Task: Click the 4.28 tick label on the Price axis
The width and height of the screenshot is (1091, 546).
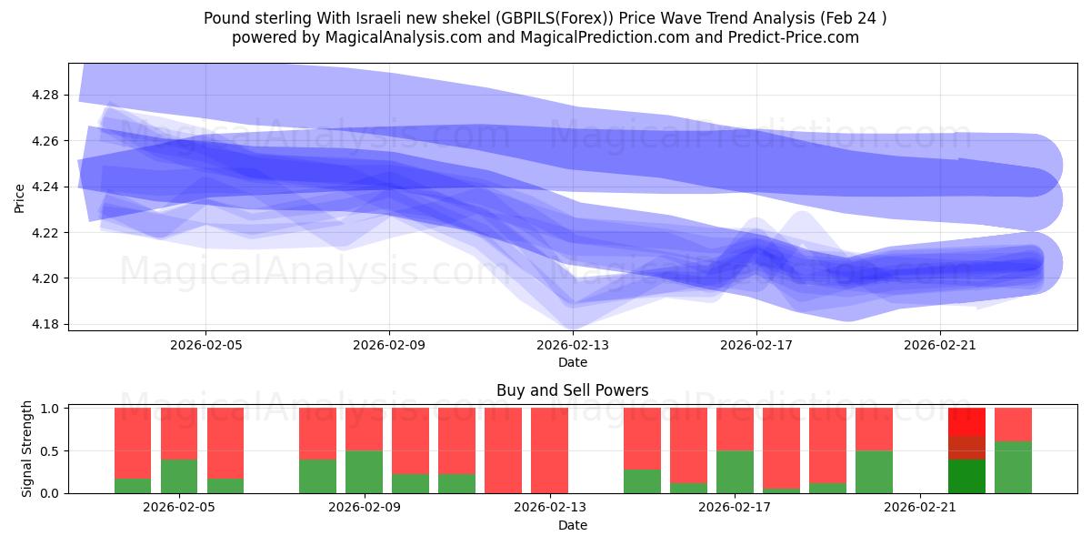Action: [45, 96]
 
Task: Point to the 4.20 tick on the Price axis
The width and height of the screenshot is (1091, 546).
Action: [45, 278]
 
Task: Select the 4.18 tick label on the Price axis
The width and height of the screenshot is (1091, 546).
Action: [45, 324]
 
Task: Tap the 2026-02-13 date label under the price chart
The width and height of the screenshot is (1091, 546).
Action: [573, 345]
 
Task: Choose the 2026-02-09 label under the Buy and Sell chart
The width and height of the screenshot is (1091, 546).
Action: [364, 508]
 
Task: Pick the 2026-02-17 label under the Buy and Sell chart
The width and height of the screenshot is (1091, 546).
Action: [735, 508]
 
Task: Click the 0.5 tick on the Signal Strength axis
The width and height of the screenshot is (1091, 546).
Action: [50, 450]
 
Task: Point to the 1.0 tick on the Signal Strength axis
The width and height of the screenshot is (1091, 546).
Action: [50, 409]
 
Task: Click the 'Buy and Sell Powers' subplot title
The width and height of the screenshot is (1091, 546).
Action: [572, 390]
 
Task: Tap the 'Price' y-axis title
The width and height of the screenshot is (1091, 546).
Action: [20, 197]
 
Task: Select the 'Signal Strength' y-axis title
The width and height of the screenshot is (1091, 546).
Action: [27, 449]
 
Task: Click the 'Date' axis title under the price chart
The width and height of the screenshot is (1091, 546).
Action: [572, 362]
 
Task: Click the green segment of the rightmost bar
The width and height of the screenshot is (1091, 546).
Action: [1013, 468]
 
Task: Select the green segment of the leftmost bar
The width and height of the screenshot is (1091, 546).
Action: [133, 486]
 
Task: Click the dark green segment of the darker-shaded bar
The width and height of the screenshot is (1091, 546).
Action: [966, 476]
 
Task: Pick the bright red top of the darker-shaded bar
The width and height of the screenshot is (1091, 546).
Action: [966, 421]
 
